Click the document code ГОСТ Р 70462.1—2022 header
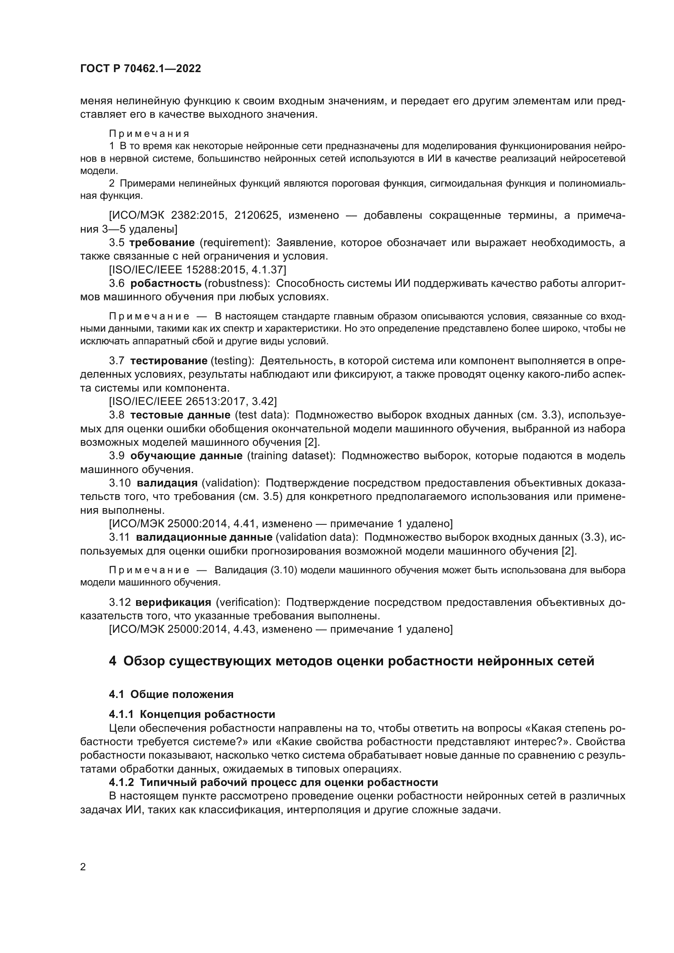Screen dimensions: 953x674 point(140,69)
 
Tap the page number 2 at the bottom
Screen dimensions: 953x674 point(83,867)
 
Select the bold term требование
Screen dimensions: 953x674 point(162,242)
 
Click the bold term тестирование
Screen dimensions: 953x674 point(169,361)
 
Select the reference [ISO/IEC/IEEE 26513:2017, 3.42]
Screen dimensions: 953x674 point(193,401)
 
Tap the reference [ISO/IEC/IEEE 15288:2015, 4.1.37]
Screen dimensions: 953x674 point(198,270)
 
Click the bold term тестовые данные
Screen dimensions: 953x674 point(180,415)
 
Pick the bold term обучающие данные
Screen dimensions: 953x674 point(186,456)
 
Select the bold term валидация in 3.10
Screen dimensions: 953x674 point(167,483)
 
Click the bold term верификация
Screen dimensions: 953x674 point(173,602)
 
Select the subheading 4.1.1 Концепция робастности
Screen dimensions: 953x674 point(192,714)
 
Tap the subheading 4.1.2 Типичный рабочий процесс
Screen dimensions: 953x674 point(273,782)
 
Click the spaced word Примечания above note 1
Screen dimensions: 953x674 point(149,134)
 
